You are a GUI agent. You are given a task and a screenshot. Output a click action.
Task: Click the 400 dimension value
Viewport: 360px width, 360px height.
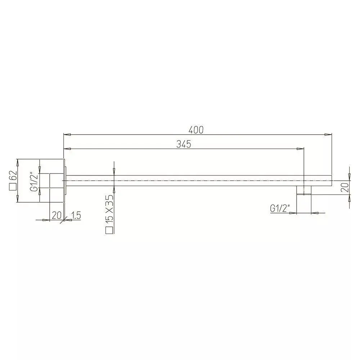(196, 130)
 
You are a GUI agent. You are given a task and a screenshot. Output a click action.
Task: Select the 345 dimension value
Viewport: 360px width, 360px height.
(184, 144)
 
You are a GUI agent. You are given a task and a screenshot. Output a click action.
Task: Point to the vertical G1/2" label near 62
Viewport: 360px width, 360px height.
(34, 181)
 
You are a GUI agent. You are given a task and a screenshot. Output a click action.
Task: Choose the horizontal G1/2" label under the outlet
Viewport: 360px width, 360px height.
(280, 208)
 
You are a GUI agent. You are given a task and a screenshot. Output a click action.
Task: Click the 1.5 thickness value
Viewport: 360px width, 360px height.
(76, 215)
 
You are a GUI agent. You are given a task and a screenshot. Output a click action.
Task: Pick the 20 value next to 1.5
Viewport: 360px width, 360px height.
(57, 215)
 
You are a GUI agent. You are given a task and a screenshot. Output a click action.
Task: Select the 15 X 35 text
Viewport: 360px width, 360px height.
(109, 208)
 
